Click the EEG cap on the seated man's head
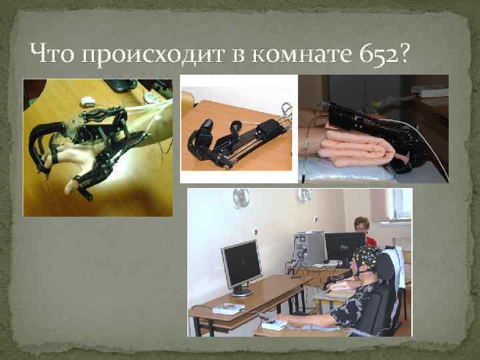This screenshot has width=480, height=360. (x=366, y=257)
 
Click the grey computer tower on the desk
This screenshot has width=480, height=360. (x=310, y=248)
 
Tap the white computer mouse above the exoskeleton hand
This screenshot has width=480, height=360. (x=88, y=101)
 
